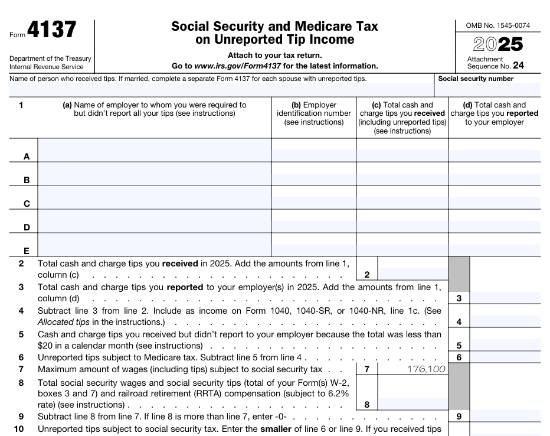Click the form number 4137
point(51,30)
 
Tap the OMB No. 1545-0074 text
point(497,25)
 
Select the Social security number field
point(487,90)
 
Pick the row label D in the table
point(27,227)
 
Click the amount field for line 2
point(413,274)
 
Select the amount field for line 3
point(505,298)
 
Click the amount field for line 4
point(505,321)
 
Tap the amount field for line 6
point(505,357)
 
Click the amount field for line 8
point(413,404)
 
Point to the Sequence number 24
point(518,66)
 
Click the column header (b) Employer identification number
point(313,113)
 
